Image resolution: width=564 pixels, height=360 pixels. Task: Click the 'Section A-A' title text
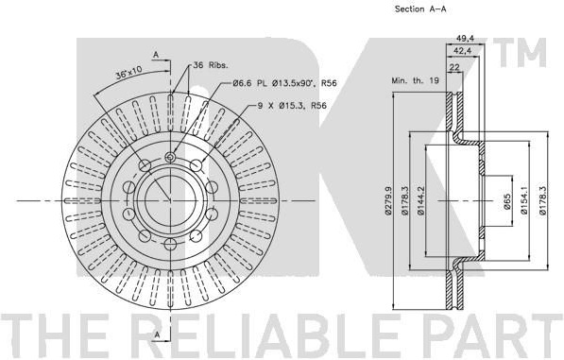pyautogui.click(x=420, y=9)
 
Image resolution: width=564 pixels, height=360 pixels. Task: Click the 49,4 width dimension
pyautogui.click(x=465, y=38)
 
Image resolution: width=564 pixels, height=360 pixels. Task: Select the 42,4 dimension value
pyautogui.click(x=463, y=51)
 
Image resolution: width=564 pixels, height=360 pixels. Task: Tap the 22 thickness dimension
pyautogui.click(x=455, y=67)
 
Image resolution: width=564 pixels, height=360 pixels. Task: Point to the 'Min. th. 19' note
pyautogui.click(x=415, y=80)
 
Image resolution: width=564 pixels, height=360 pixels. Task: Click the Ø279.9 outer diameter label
pyautogui.click(x=387, y=200)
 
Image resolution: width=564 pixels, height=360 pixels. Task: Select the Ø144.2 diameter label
pyautogui.click(x=421, y=200)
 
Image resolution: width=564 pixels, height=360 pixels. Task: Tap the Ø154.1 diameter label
pyautogui.click(x=523, y=200)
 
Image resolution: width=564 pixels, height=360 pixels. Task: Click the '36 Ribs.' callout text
pyautogui.click(x=211, y=65)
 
